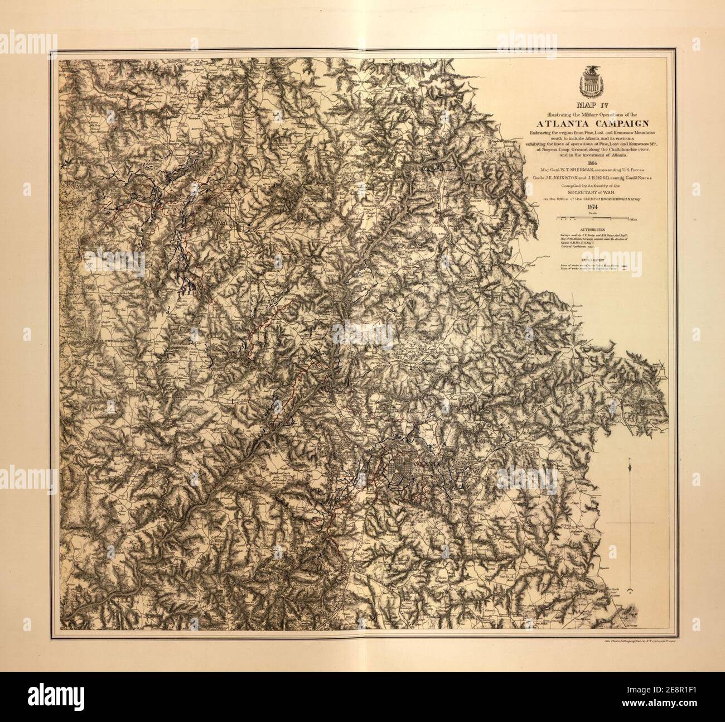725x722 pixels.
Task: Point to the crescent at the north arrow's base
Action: (x=629, y=590)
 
